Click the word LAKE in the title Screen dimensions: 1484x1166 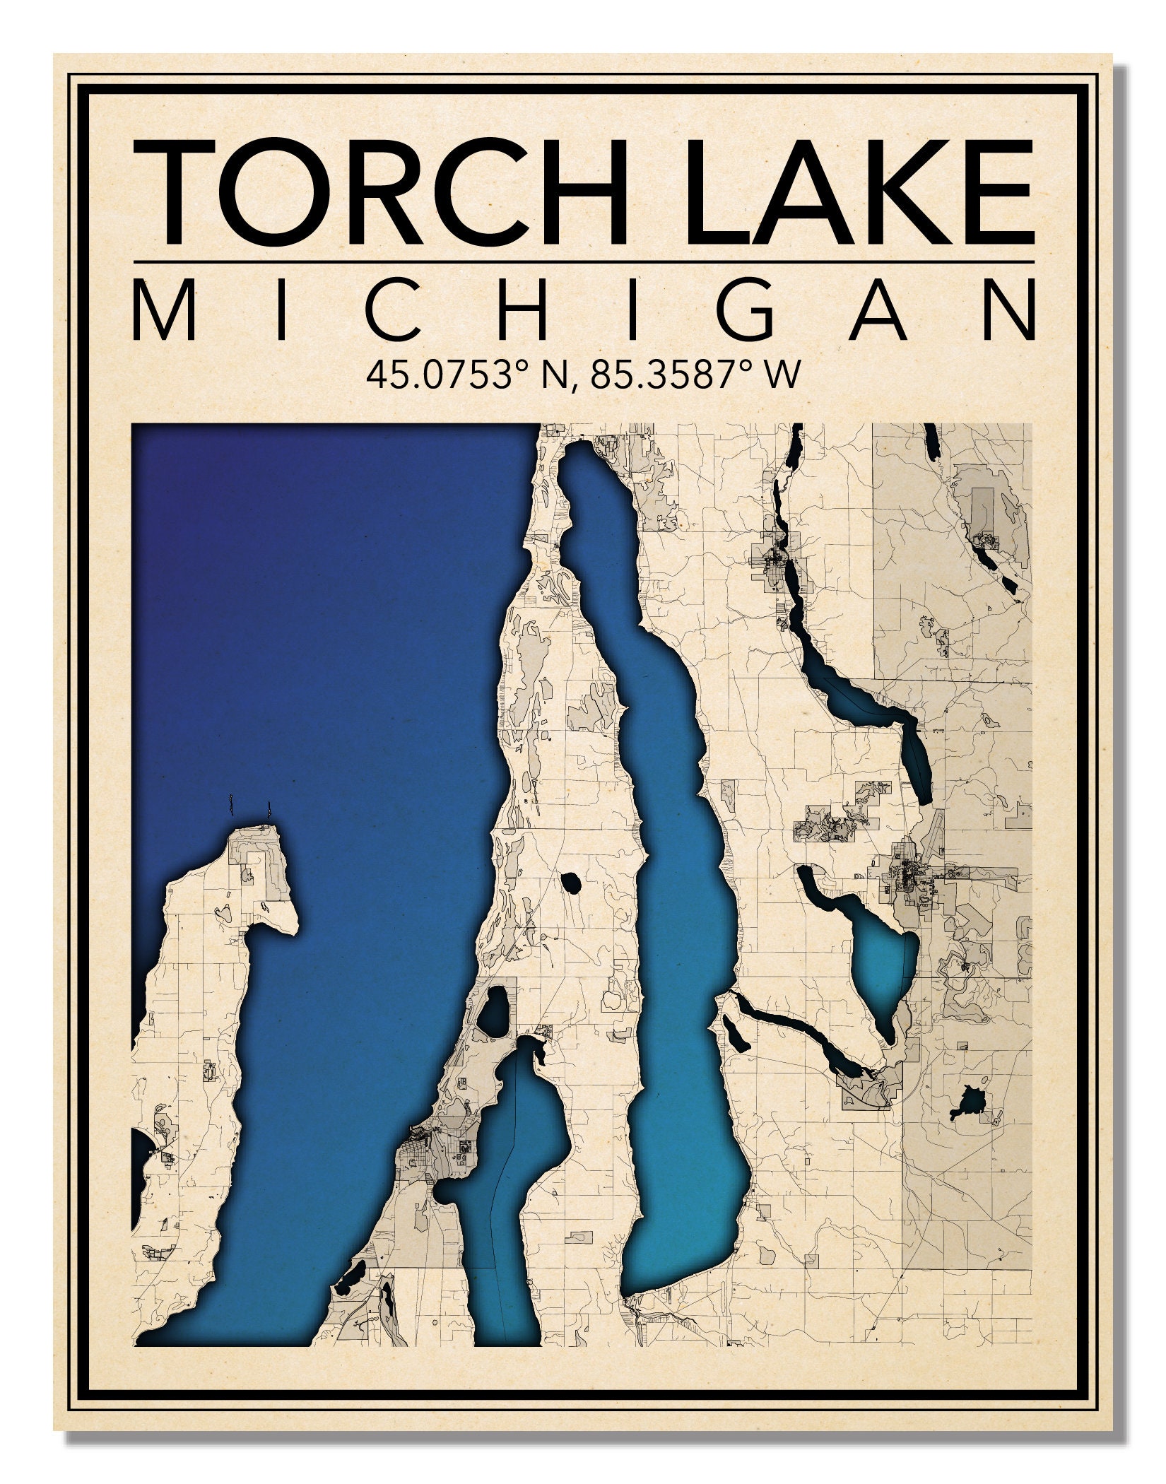[x=858, y=192]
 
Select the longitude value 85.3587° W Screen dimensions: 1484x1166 [x=696, y=375]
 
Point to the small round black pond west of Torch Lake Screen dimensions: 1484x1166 [x=570, y=882]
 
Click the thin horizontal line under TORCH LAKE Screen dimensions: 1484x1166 [x=582, y=262]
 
